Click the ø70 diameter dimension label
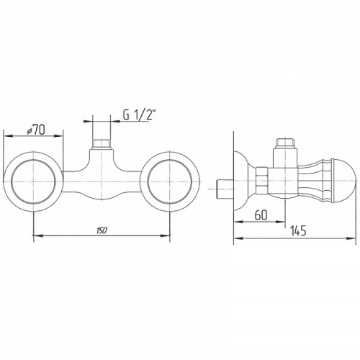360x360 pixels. (x=36, y=130)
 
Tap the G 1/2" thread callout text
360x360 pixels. (x=139, y=114)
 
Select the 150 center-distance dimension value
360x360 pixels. (x=102, y=230)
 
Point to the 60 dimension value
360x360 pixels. (x=261, y=215)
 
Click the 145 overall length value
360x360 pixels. (x=298, y=231)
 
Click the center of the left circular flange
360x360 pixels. (x=33, y=181)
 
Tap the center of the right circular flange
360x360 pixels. (x=170, y=181)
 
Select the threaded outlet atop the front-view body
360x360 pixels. (x=102, y=145)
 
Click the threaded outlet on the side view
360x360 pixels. (x=285, y=143)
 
